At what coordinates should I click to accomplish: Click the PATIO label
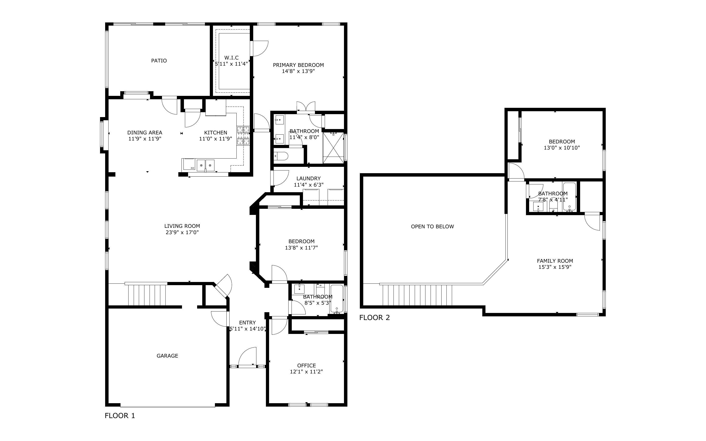click(x=159, y=61)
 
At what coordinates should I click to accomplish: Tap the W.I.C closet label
click(x=232, y=58)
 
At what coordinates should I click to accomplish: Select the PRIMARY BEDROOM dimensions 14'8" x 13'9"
click(x=298, y=71)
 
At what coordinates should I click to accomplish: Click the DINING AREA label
click(x=145, y=133)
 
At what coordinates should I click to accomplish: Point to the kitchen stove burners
click(x=243, y=135)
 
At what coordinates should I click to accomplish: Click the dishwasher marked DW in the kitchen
click(x=188, y=165)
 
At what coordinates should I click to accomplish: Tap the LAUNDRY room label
click(x=309, y=179)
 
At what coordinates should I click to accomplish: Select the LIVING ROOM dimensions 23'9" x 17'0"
click(x=182, y=232)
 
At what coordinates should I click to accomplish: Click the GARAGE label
click(x=167, y=356)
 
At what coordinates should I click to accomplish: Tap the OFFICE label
click(x=306, y=365)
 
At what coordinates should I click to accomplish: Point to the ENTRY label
click(x=247, y=323)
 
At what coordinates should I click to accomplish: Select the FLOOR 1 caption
click(x=120, y=416)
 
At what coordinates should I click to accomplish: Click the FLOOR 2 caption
click(x=374, y=318)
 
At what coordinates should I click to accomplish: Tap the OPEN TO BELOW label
click(x=433, y=227)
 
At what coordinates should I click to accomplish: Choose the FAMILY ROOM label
click(x=555, y=261)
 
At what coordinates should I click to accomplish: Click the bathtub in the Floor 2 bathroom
click(x=569, y=197)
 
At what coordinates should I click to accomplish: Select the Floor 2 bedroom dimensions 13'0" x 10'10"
click(x=562, y=148)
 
